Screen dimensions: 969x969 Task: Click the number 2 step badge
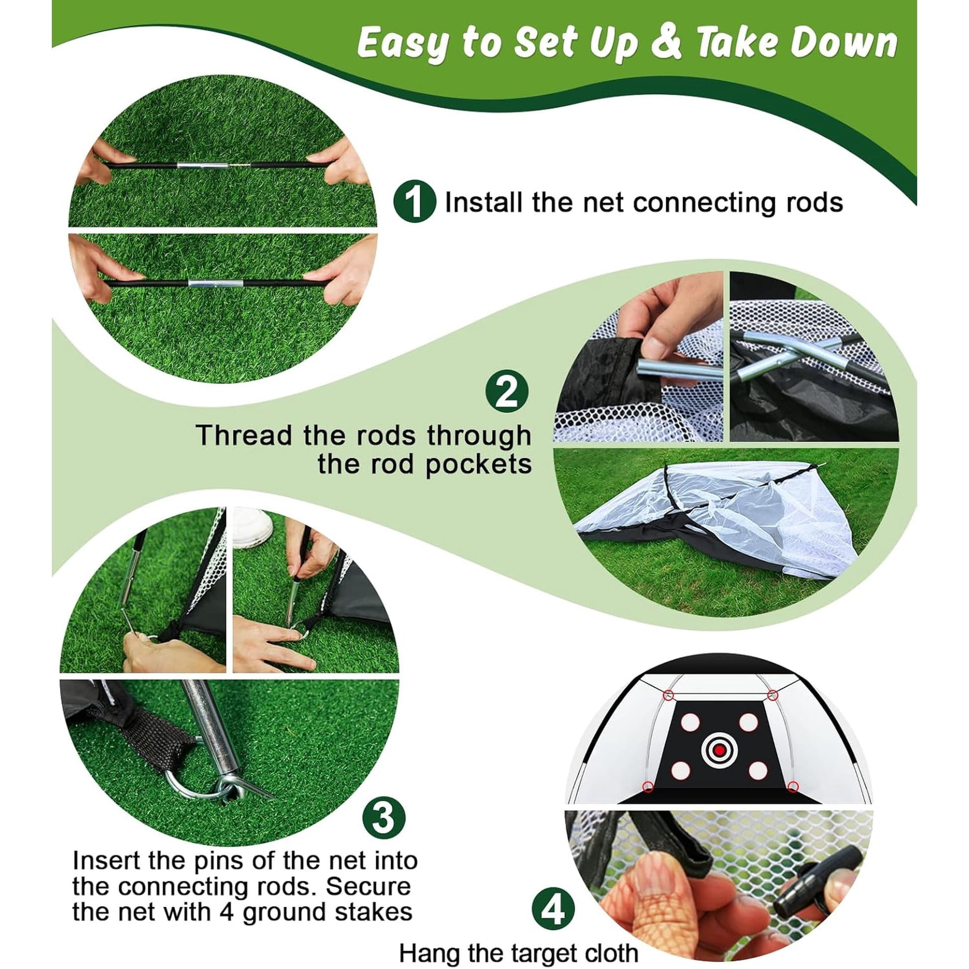(x=506, y=391)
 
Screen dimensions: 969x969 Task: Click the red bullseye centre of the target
(x=720, y=764)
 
